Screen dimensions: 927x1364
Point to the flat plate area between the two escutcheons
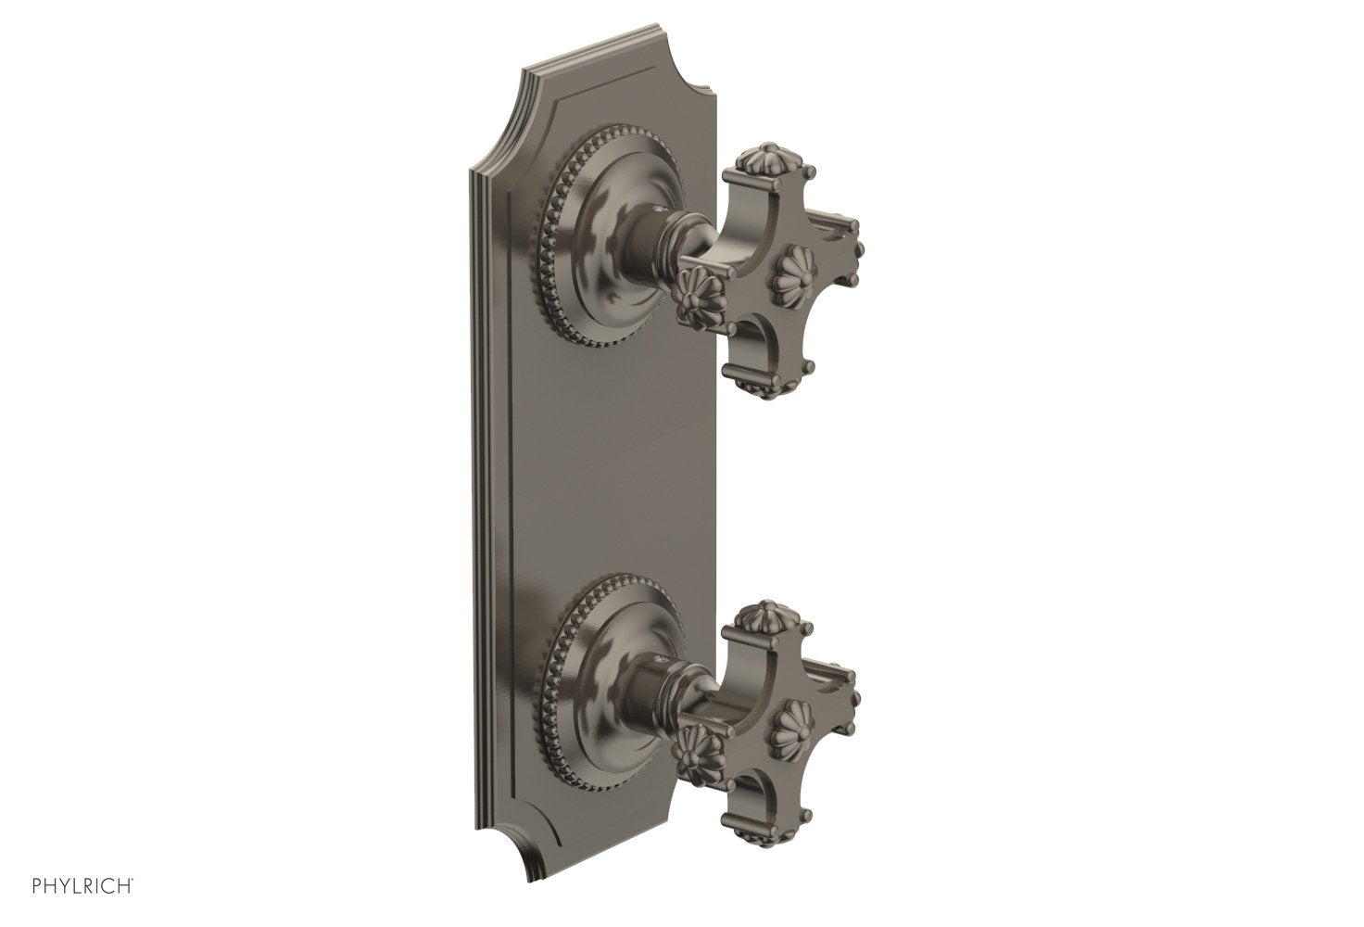602,463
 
